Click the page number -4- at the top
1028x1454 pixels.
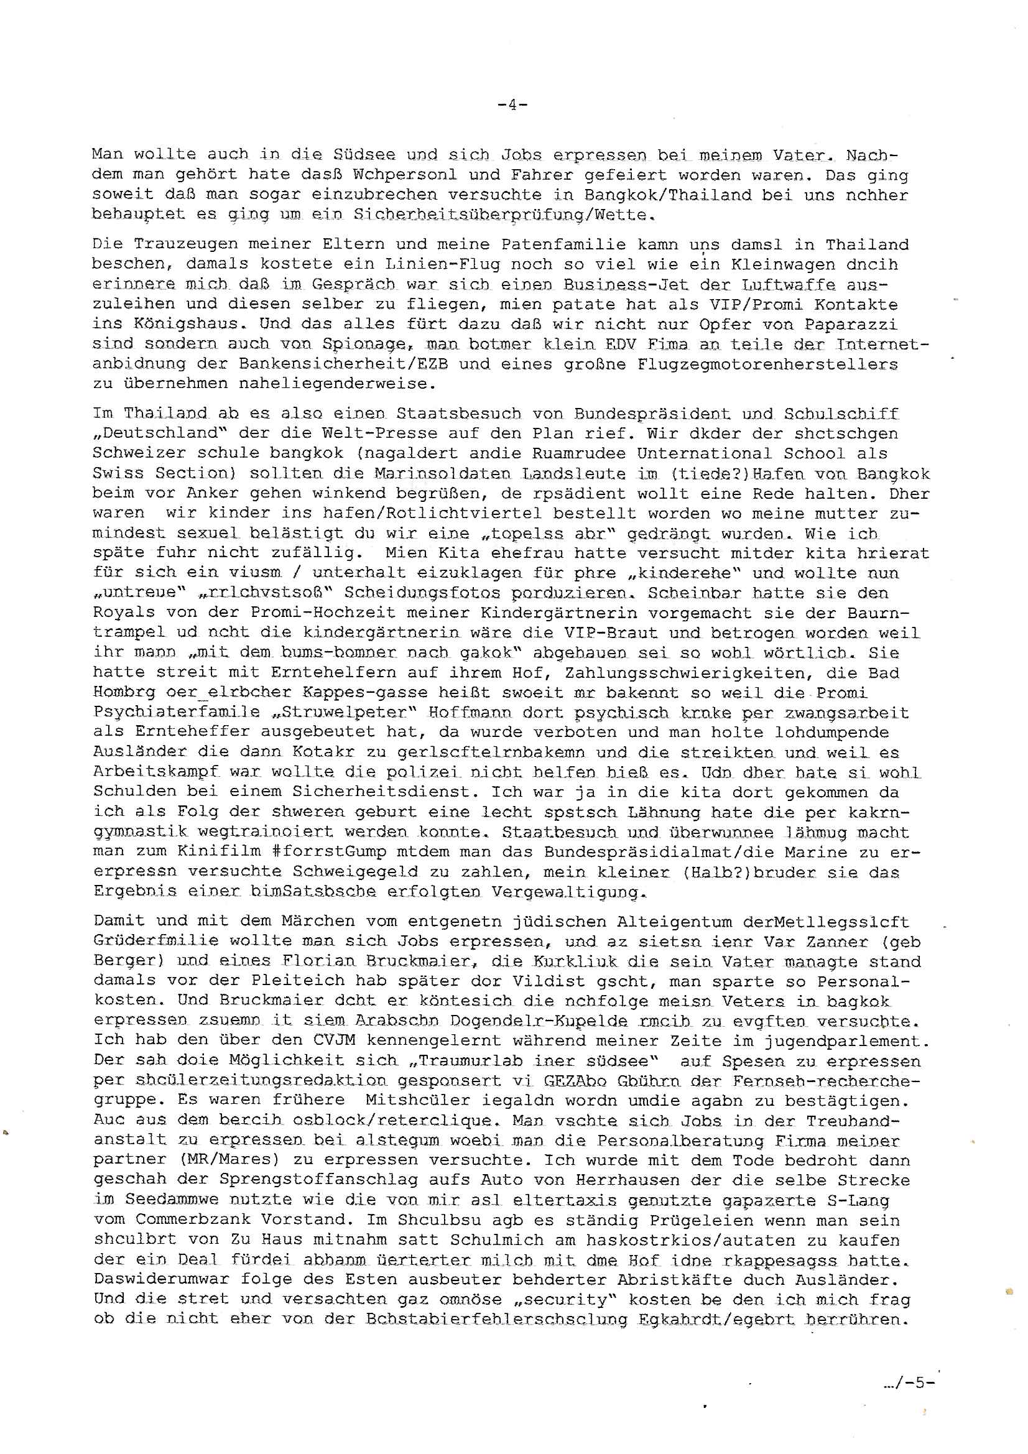pyautogui.click(x=513, y=105)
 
